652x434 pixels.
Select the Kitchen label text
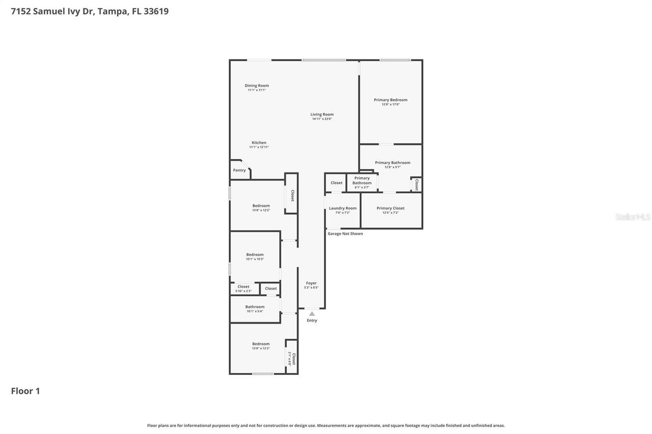(259, 143)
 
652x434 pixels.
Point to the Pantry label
(239, 170)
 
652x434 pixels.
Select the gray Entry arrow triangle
(312, 314)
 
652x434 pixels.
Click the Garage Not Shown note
(345, 234)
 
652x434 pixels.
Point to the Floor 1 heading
(25, 391)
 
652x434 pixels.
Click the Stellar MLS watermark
(633, 217)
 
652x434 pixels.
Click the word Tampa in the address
(113, 11)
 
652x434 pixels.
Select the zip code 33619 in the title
(156, 11)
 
